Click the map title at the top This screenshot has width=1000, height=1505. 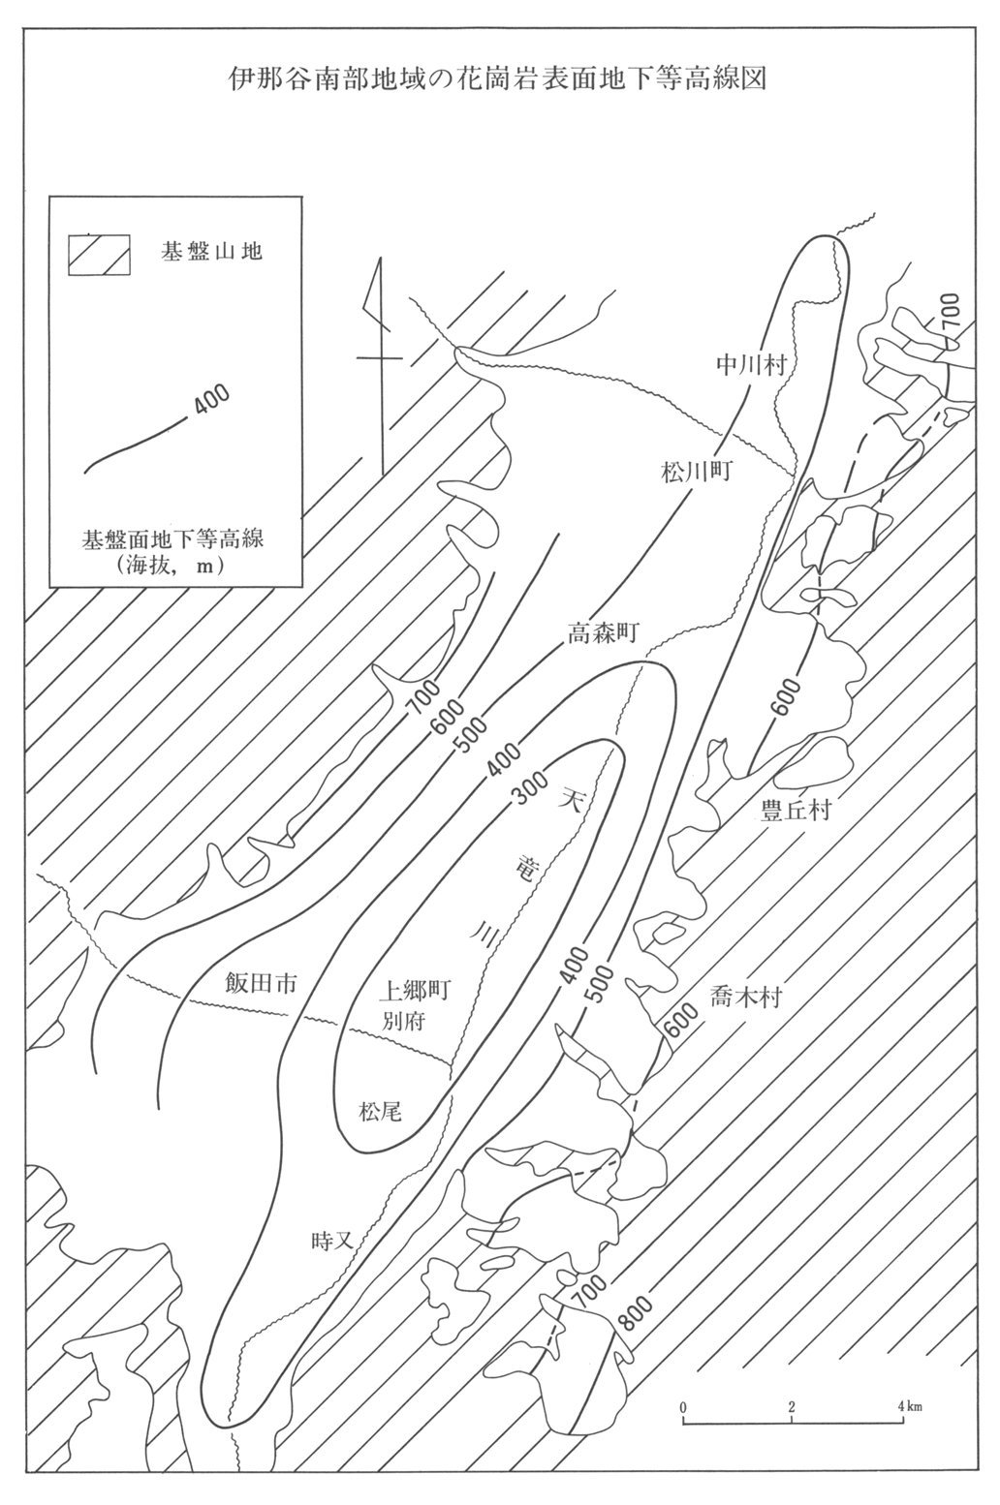(498, 78)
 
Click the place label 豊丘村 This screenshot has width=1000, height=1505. (796, 810)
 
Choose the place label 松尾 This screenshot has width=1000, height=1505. (380, 1112)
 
